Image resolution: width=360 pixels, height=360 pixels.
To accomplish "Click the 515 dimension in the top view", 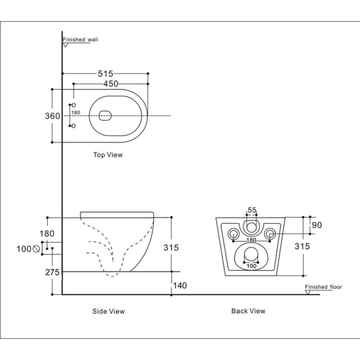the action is (x=106, y=74).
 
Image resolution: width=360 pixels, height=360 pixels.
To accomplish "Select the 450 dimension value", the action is (x=111, y=84).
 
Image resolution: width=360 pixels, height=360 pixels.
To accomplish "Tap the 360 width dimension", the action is (x=52, y=116).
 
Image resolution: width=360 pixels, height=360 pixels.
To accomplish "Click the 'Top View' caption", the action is (x=108, y=155).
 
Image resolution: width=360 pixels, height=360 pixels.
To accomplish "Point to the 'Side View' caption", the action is (x=108, y=311).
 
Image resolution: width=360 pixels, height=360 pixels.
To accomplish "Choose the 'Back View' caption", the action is (x=248, y=311).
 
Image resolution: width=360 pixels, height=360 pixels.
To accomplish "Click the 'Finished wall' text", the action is (x=80, y=40).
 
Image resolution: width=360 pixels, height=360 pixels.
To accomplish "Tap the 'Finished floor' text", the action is (x=324, y=287).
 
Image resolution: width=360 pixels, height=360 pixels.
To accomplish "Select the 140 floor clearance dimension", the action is (x=180, y=285).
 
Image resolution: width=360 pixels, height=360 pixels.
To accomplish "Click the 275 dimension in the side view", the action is (x=52, y=272).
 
